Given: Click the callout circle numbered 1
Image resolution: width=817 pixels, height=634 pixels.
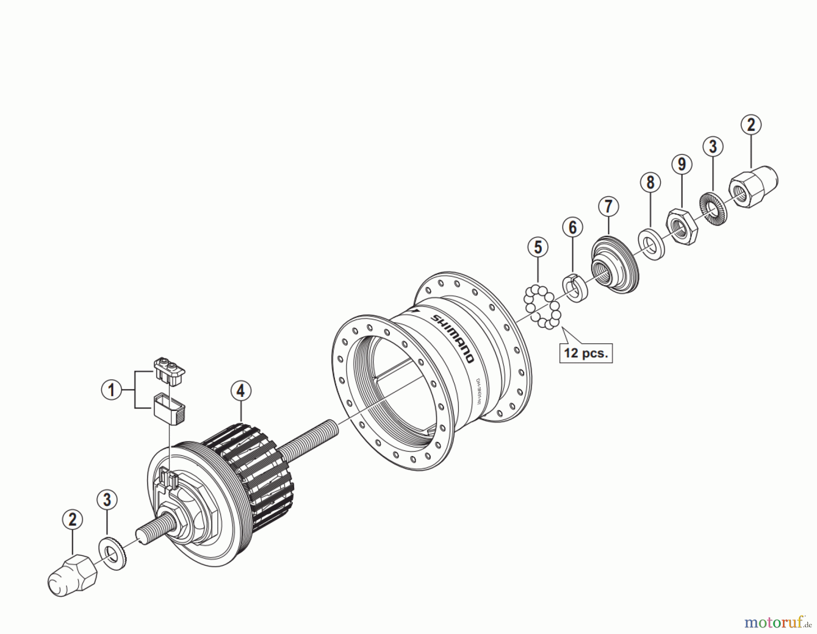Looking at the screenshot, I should pos(111,390).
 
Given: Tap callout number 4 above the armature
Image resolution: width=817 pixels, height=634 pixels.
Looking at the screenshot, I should pos(241,391).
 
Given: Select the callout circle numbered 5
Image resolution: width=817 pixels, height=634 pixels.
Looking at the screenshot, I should pos(538,248).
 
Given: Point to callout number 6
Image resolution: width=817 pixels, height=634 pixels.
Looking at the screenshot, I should pos(572,227).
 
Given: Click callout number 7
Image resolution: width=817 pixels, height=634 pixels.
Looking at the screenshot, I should pos(608,206).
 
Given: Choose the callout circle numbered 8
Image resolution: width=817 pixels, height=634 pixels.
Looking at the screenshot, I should pos(650,182).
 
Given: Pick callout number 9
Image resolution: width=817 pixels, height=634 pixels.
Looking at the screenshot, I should pos(682,164).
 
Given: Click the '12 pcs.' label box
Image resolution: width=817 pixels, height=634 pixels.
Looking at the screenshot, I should pos(586,353).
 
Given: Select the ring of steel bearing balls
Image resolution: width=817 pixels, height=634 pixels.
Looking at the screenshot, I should pos(542,307).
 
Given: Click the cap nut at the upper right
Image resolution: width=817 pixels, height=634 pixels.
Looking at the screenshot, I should pos(753,187).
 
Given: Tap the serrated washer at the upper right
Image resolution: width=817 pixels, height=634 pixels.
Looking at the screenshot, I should pos(713,209).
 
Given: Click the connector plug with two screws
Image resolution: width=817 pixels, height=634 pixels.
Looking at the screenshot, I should pos(169,371).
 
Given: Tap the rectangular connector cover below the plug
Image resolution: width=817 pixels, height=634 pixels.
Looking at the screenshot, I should pos(169,409).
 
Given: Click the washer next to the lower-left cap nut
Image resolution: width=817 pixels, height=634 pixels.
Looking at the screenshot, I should pos(112,554).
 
